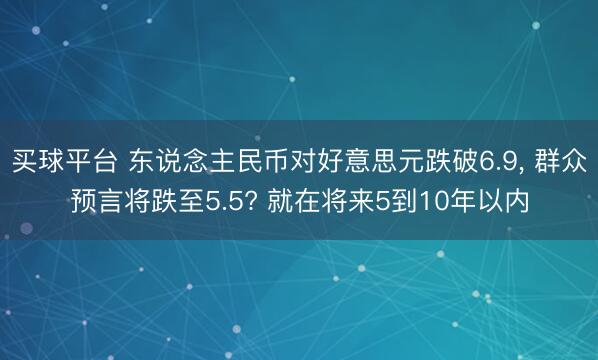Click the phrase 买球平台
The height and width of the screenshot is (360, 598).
(62, 163)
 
